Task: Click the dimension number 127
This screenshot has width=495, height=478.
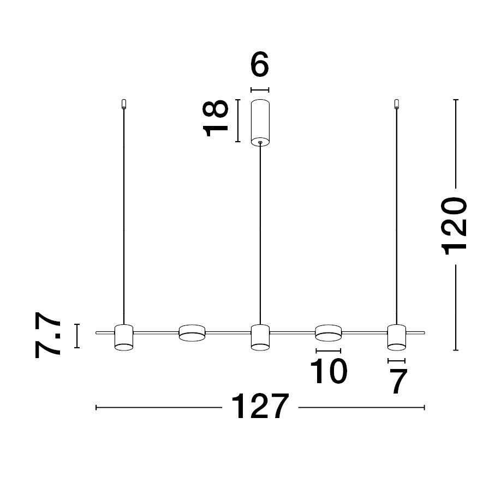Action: pos(260,407)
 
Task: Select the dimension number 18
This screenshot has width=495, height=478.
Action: pos(215,118)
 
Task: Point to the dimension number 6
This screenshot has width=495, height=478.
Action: pos(259,65)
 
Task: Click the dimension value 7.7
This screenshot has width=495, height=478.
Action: pos(47,335)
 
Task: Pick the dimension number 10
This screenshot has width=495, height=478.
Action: pos(329,371)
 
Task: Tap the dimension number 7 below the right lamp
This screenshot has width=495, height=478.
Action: pos(398,382)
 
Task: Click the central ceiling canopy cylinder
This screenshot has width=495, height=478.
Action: pos(260,123)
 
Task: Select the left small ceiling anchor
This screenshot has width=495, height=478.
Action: pos(124,104)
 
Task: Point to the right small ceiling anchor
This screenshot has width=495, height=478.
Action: pos(397,104)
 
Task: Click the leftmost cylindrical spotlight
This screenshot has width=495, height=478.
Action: pos(124,337)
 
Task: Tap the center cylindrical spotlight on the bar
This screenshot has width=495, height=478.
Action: pos(260,337)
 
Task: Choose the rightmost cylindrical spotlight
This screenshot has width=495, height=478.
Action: pos(397,337)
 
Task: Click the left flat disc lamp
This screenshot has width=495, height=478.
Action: pos(192,332)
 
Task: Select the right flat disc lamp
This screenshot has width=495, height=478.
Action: pos(329,332)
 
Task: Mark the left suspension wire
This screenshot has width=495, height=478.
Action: pos(124,216)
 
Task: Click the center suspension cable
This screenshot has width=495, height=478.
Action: pos(260,234)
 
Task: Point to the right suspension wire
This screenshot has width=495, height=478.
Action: pos(397,216)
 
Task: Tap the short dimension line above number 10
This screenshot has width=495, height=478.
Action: pos(329,351)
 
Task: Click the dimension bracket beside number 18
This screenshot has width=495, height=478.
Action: pos(238,121)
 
